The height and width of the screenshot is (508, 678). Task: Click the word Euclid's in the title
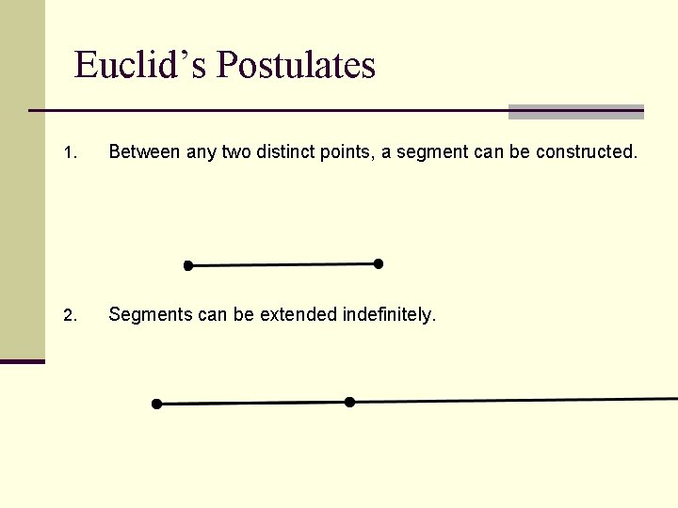click(141, 65)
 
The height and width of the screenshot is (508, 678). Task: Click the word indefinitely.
click(390, 314)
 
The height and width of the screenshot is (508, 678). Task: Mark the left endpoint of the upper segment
click(187, 266)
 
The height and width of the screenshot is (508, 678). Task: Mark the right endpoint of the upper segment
click(379, 264)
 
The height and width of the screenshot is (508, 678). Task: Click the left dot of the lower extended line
click(156, 405)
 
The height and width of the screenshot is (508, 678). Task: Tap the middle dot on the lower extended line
click(349, 402)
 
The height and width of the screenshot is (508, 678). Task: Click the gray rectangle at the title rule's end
click(575, 112)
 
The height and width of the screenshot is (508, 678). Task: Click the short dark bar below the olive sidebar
click(22, 361)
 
